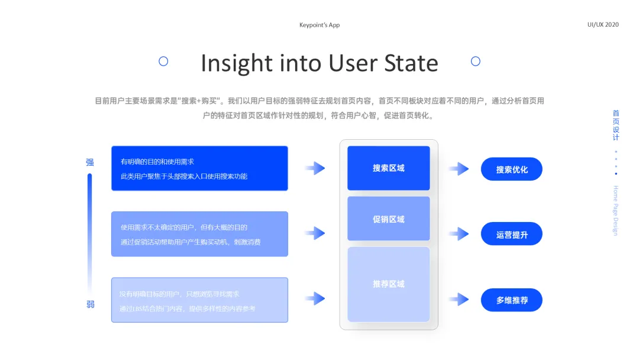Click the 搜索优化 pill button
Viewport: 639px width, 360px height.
(x=511, y=169)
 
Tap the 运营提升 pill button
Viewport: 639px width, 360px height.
(x=511, y=234)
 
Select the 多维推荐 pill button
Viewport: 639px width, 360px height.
(x=511, y=300)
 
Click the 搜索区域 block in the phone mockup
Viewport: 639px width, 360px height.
(x=388, y=168)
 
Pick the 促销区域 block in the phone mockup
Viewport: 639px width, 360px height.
(x=388, y=219)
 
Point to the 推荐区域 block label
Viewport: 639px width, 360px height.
(x=388, y=284)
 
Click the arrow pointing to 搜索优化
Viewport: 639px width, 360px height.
(x=459, y=169)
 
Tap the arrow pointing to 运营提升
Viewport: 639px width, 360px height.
(x=459, y=234)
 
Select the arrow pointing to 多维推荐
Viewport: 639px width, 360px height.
(x=459, y=300)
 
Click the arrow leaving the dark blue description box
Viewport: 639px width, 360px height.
(x=315, y=168)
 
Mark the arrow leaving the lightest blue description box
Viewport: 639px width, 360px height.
(x=315, y=298)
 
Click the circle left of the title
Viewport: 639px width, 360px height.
(x=163, y=61)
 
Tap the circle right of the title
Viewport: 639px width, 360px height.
(x=475, y=61)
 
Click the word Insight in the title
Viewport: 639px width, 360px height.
(x=235, y=63)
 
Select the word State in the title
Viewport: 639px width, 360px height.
(x=411, y=63)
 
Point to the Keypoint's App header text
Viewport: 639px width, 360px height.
(x=319, y=25)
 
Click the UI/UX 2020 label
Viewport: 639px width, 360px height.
(x=603, y=24)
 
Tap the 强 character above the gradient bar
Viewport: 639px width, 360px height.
(x=90, y=162)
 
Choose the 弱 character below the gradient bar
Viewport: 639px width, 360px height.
(x=90, y=304)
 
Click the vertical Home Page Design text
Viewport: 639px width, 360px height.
(x=615, y=210)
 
